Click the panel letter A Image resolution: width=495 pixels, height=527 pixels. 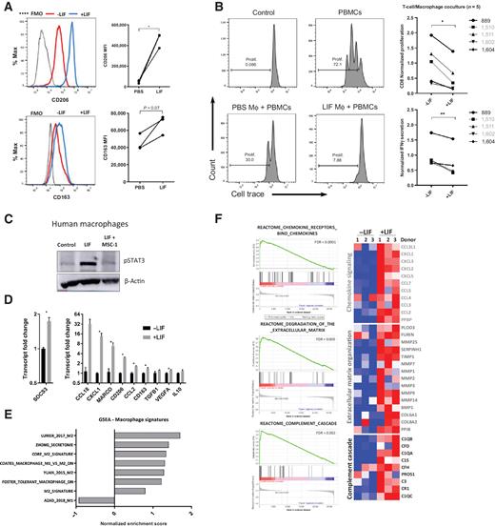click(x=7, y=7)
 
